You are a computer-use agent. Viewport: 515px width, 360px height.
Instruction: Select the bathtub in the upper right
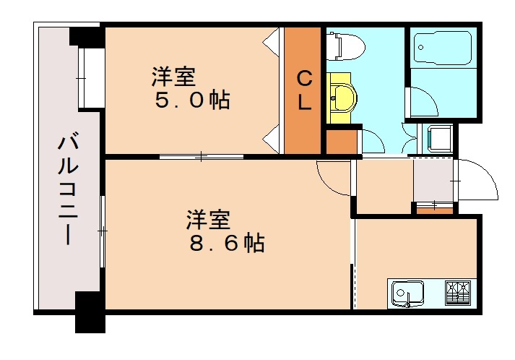click(x=443, y=49)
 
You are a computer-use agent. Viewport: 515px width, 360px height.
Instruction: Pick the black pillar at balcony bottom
click(x=90, y=312)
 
